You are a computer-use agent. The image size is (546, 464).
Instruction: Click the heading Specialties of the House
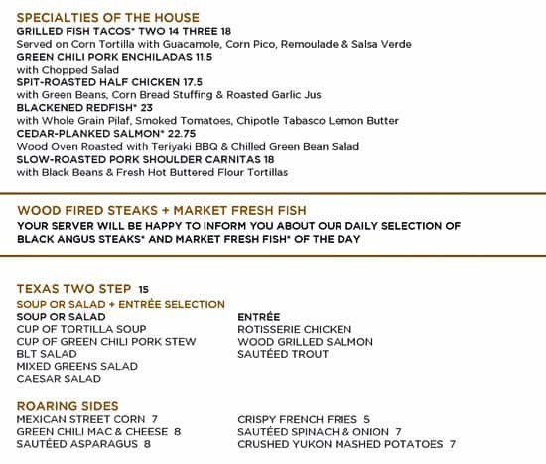[108, 18]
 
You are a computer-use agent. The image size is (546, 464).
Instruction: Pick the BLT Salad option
[47, 354]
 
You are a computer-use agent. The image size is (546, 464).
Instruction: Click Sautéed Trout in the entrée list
[283, 354]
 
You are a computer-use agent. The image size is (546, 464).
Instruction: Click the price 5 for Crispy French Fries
[366, 419]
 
